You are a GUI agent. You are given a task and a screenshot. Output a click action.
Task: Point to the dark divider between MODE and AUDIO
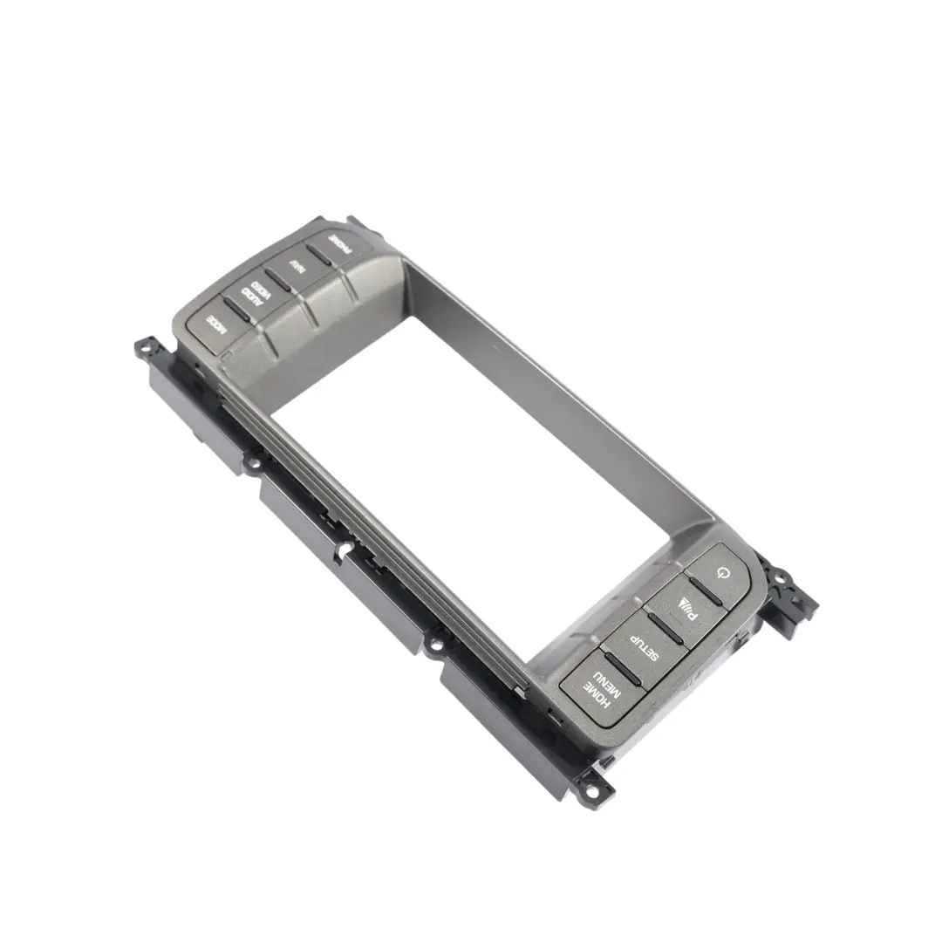236,307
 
